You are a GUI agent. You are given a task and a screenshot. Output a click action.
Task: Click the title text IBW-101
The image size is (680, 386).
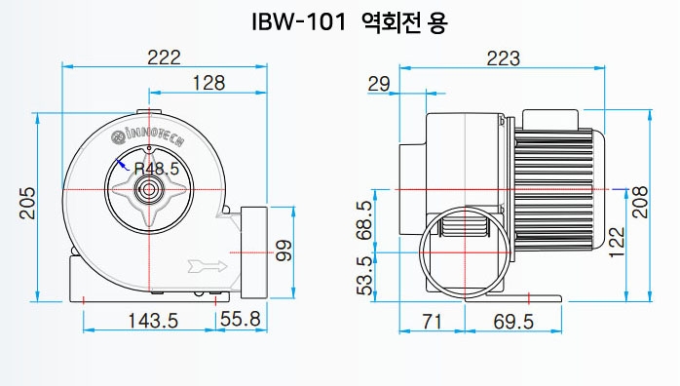point(299,21)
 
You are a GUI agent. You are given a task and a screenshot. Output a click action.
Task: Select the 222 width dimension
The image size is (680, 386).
point(164,58)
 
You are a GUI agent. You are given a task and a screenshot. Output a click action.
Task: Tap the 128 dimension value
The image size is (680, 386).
point(208,83)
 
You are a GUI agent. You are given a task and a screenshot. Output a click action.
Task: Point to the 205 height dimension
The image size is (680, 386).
point(27,203)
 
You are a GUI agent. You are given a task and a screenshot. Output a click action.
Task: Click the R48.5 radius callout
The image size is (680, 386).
point(157,169)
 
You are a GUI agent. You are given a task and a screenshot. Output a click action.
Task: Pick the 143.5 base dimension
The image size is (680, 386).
point(153,321)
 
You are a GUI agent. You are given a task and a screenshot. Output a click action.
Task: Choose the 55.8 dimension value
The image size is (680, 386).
point(241,319)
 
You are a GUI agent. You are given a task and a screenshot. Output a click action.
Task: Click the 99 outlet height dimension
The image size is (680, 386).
point(283,251)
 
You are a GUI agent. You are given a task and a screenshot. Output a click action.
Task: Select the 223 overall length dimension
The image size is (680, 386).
point(503,58)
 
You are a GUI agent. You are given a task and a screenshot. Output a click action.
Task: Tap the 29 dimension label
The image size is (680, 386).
point(379,84)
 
